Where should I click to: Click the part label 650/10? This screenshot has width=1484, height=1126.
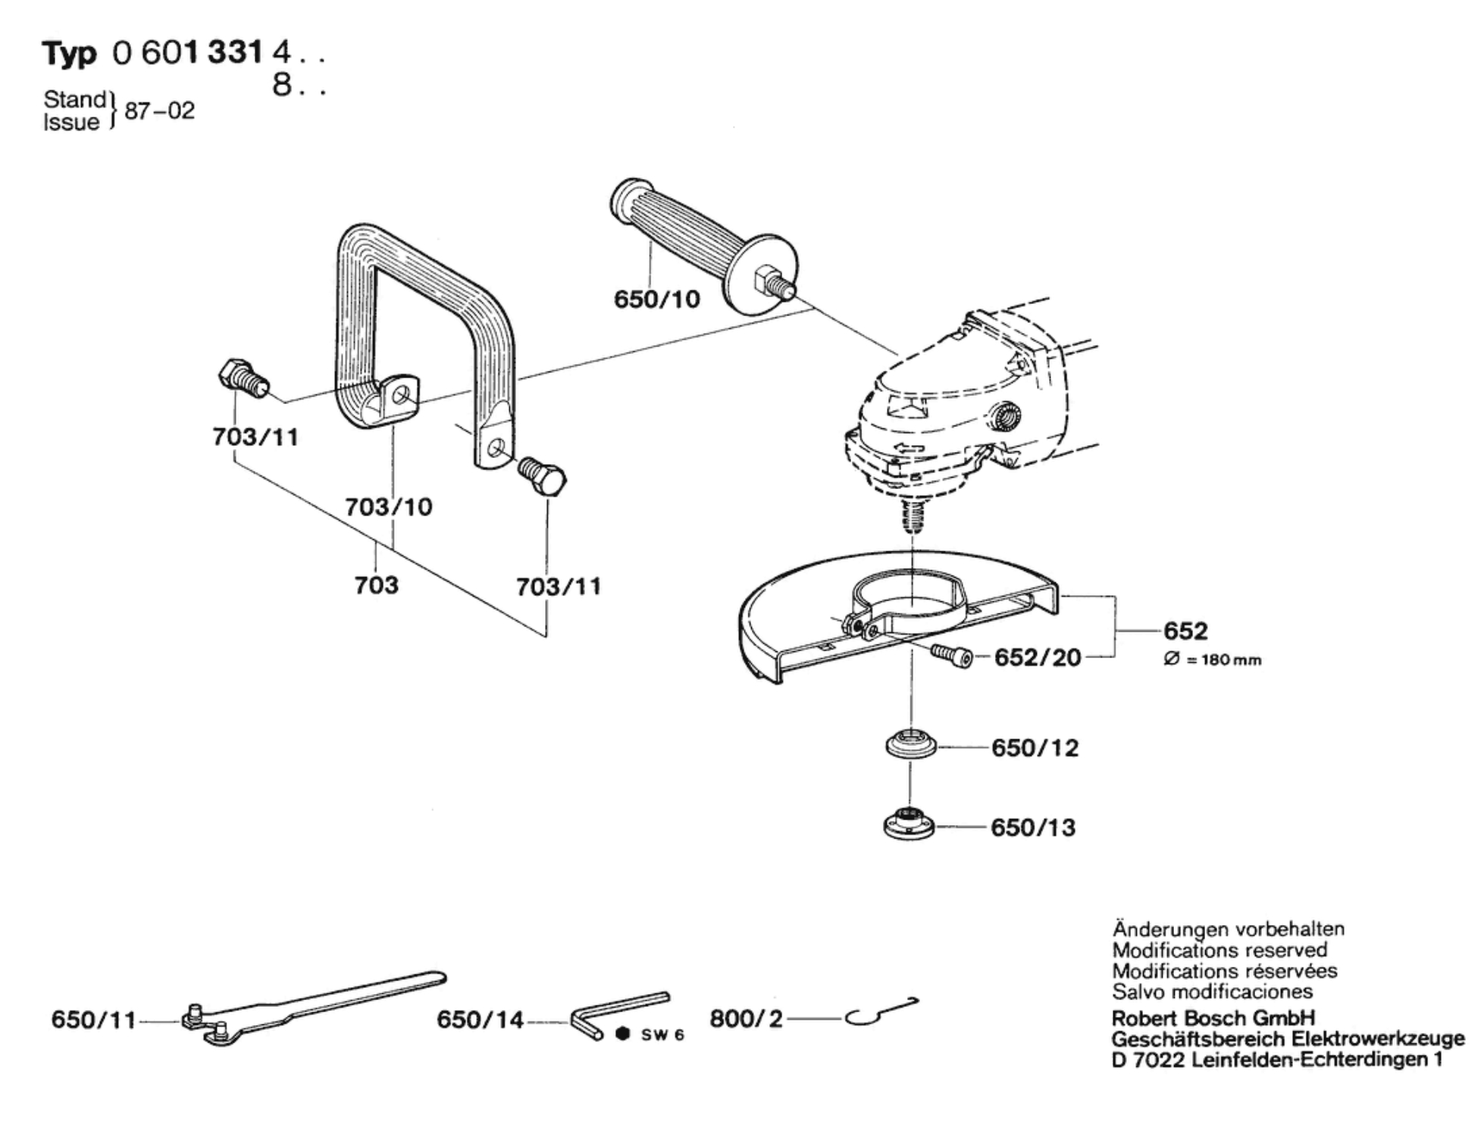coord(656,299)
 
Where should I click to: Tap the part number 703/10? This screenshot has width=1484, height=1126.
coord(389,507)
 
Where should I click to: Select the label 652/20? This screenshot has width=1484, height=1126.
coord(1038,657)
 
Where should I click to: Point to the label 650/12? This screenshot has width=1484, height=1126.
coord(1035,748)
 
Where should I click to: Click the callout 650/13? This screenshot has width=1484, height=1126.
coord(1033,827)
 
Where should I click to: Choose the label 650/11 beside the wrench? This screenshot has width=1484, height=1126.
coord(93,1020)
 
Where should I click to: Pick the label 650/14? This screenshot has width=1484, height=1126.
coord(480,1020)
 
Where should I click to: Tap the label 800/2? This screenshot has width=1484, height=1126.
coord(746,1018)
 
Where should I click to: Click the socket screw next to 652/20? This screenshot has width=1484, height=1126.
coord(951,656)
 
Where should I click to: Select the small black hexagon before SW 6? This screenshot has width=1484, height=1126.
coord(623,1033)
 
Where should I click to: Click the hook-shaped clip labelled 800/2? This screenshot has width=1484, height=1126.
coord(881,1011)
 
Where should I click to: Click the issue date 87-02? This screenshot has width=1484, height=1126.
coord(159,111)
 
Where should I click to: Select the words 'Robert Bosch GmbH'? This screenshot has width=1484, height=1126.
coord(1213,1018)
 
